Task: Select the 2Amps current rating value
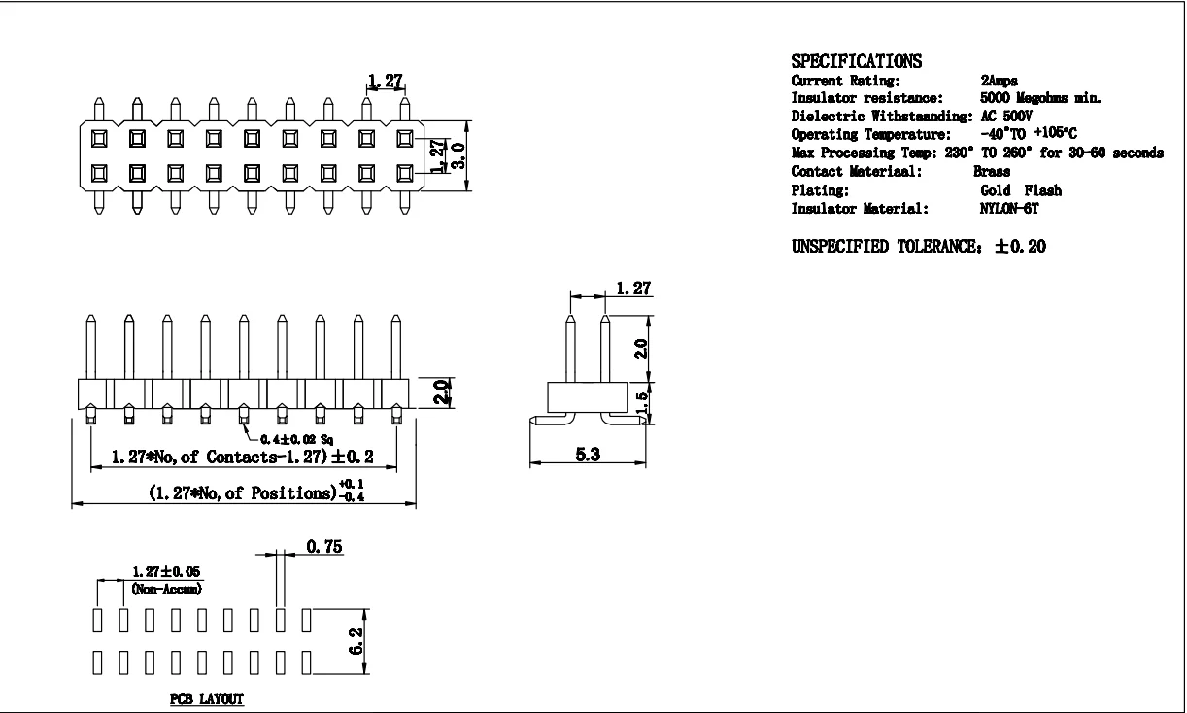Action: tap(1000, 81)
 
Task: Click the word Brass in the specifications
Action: tap(992, 171)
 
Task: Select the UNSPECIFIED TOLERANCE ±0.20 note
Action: tap(919, 247)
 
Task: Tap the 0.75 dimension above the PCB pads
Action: tap(322, 548)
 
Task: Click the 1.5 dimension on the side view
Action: tap(640, 403)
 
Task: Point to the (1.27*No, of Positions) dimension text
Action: tap(242, 492)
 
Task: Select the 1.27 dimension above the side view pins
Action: tap(633, 289)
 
